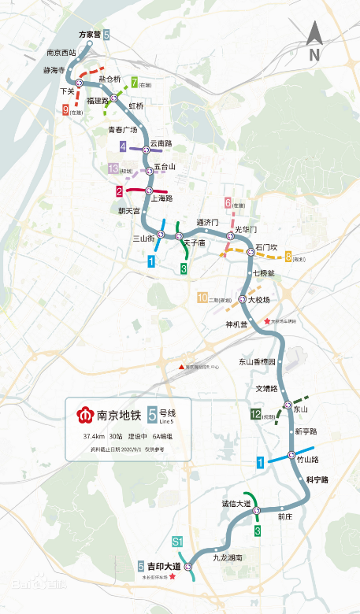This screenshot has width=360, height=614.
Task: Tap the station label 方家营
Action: pyautogui.click(x=89, y=35)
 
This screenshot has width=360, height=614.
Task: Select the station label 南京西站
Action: pyautogui.click(x=61, y=54)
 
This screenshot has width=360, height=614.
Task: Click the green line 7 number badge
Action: pyautogui.click(x=135, y=83)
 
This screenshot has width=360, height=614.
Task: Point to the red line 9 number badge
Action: pyautogui.click(x=65, y=110)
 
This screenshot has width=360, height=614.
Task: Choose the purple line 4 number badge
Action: pyautogui.click(x=123, y=146)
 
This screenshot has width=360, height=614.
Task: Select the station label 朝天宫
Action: pyautogui.click(x=128, y=211)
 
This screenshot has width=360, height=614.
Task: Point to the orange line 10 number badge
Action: pyautogui.click(x=202, y=298)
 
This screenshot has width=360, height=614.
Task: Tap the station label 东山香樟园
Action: pyautogui.click(x=258, y=362)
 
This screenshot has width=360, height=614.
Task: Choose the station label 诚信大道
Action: pyautogui.click(x=236, y=503)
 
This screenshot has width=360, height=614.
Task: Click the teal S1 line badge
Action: pyautogui.click(x=178, y=542)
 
